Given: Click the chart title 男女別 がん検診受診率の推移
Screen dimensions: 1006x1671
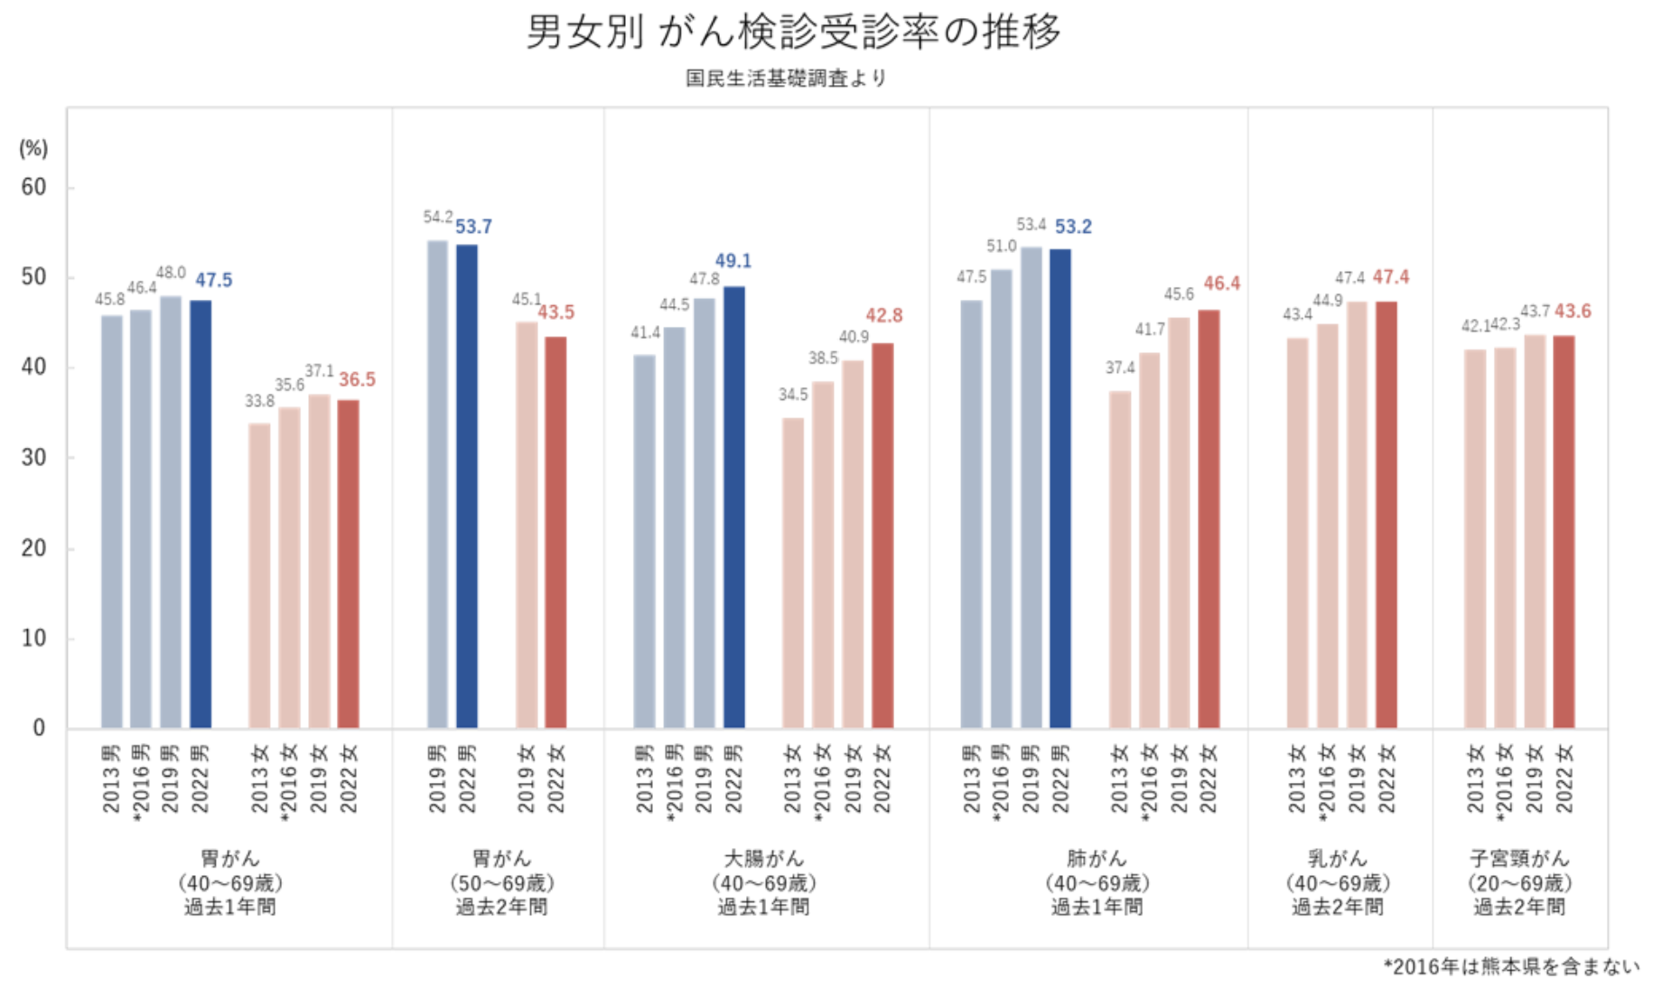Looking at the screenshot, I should pos(793,33).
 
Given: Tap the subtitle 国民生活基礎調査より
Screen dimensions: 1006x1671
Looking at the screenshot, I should pos(786,79).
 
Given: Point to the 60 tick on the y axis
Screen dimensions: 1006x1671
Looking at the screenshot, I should pos(34,187).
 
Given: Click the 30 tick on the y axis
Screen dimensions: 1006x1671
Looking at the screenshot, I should pos(34,458).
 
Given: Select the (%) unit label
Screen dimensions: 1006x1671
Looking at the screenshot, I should pos(33,148).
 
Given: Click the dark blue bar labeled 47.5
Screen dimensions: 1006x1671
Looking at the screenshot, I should pos(201,515).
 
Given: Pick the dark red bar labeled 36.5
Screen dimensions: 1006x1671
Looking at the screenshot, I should pos(348,564).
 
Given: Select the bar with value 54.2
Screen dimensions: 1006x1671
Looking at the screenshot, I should pos(437,484).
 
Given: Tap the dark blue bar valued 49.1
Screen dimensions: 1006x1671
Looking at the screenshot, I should pos(734,508).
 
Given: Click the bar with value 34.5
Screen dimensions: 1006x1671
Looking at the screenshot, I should pos(793,573).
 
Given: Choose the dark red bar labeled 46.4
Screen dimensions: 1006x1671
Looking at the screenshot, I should pos(1209,519).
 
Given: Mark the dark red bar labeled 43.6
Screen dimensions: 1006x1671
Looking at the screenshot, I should pos(1564,532).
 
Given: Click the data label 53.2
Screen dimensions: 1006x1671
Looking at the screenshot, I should pos(1073,227).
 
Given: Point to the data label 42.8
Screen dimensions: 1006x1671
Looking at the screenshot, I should pos(883,316).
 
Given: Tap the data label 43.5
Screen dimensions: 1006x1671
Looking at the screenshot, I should pos(555,312).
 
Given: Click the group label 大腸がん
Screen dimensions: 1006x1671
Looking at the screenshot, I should pos(764,859).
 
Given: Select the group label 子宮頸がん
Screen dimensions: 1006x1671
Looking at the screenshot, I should pos(1519,859).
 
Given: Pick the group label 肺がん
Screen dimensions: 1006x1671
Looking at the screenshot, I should pos(1097,859).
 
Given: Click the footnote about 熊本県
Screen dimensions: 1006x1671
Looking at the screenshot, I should pos(1511,967).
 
